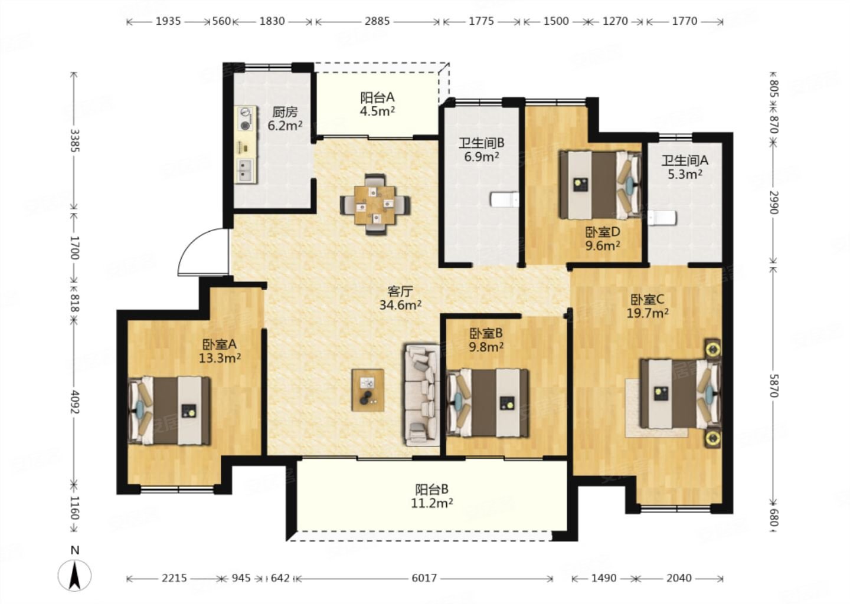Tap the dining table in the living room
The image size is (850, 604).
click(x=375, y=204)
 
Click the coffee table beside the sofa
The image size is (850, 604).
click(x=368, y=390)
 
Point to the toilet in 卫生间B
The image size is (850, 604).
click(x=504, y=199)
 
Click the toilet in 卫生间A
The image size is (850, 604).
click(x=662, y=218)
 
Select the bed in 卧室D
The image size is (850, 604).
click(x=600, y=185)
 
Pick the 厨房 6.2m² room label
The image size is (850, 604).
click(x=285, y=119)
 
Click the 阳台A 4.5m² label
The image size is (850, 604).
click(x=377, y=104)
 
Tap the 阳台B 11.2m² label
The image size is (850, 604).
click(x=432, y=496)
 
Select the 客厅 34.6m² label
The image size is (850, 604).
click(x=400, y=298)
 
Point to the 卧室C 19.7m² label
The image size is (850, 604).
click(x=648, y=306)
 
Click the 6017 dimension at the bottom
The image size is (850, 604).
click(x=424, y=578)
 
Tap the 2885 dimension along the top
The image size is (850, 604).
click(x=377, y=21)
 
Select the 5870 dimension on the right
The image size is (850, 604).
click(x=774, y=386)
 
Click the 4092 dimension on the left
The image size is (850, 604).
click(x=74, y=402)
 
